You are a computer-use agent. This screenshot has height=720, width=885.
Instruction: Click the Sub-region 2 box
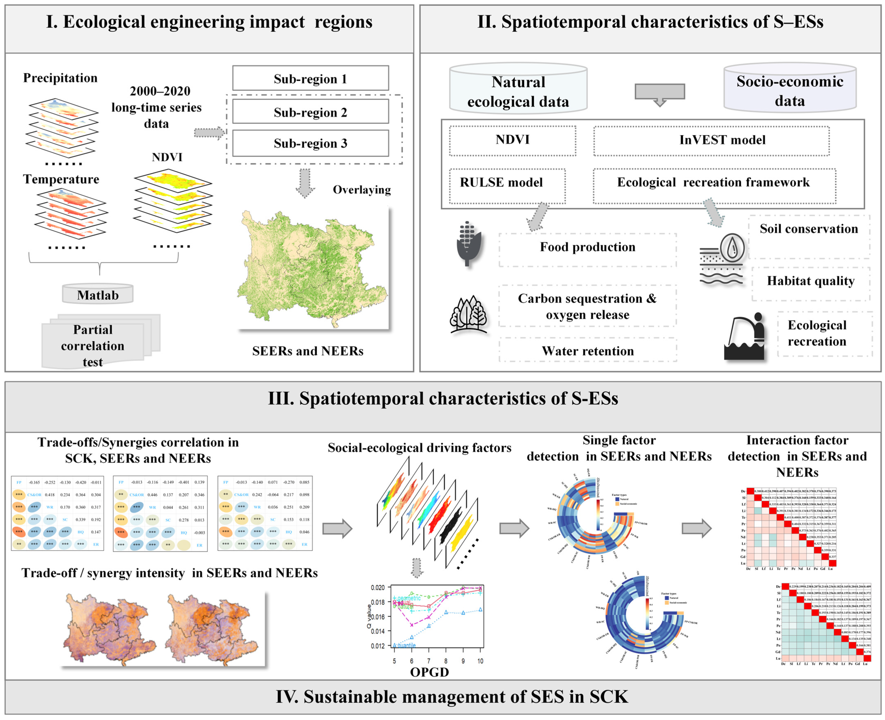tap(310, 112)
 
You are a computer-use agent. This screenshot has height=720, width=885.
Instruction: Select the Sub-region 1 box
tap(310, 78)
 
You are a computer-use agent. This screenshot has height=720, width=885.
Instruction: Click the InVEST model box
tap(711, 140)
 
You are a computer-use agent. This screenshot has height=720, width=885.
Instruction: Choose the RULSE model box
tap(507, 186)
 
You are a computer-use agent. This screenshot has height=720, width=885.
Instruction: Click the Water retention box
tap(588, 351)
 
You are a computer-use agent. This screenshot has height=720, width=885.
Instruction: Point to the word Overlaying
tap(361, 190)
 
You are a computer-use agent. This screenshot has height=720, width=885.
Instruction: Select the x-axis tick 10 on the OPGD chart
tap(480, 661)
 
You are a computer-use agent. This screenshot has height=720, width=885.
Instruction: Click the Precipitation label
tap(60, 78)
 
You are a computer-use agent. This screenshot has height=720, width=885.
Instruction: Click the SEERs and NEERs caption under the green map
tap(307, 351)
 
